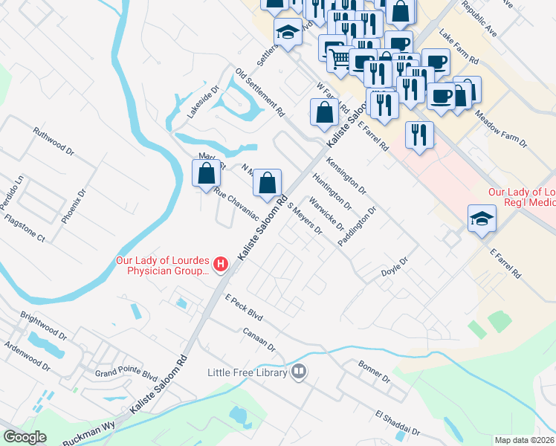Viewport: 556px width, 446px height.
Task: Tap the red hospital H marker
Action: (220, 264)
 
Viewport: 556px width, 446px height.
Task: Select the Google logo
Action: (25, 437)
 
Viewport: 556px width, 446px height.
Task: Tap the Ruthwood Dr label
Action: (54, 141)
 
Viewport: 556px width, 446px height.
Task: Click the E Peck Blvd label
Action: (245, 307)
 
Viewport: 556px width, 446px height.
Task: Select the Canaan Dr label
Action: (259, 339)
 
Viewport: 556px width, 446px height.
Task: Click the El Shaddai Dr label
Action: (397, 423)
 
